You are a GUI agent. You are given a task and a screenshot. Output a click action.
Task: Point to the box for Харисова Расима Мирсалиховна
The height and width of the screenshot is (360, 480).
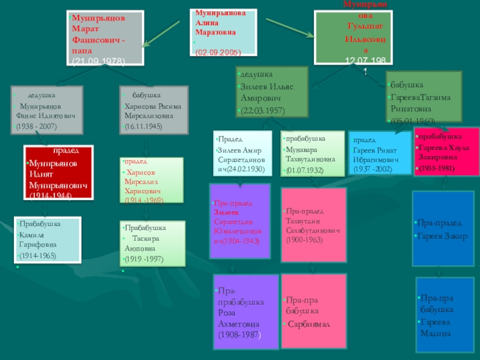click(154, 110)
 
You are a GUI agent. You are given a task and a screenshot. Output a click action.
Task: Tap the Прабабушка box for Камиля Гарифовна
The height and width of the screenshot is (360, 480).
click(47, 239)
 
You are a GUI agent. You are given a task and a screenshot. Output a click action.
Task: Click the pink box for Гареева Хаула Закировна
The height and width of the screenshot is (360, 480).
click(446, 152)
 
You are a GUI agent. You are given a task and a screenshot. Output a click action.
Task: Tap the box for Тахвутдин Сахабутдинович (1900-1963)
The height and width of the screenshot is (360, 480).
click(314, 226)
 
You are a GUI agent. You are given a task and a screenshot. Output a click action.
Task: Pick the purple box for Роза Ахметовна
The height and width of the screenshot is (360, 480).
click(245, 311)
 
